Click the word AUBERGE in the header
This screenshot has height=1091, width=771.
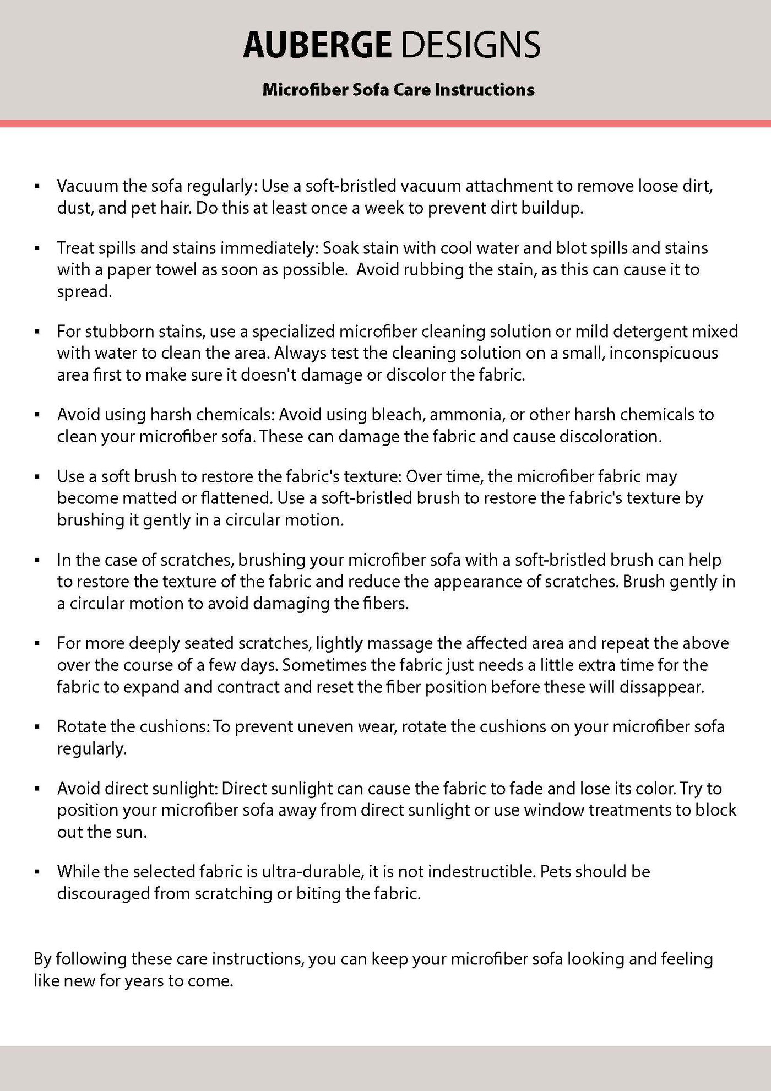point(317,45)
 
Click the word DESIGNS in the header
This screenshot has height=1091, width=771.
point(470,45)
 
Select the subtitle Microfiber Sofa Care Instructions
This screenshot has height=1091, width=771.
point(398,90)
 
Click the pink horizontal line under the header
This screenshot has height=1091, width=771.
point(385,123)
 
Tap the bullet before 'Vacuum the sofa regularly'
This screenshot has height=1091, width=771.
point(37,187)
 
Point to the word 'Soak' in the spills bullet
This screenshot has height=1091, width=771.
point(341,248)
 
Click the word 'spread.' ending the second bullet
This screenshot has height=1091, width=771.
point(84,292)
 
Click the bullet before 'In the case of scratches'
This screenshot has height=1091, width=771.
point(37,561)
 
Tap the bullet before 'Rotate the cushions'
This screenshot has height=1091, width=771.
point(37,728)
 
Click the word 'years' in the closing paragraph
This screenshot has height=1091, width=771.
point(144,981)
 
